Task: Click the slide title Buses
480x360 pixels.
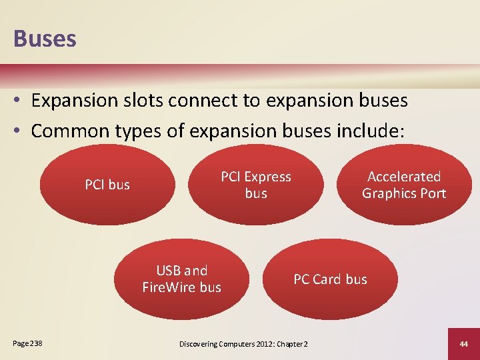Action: coord(45,38)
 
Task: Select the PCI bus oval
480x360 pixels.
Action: coord(107,185)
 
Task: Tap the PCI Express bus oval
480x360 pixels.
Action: coord(256,185)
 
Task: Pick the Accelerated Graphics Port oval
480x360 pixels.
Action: coord(404,185)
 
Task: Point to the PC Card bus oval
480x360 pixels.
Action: coord(330,279)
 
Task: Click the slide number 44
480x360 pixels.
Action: coord(463,343)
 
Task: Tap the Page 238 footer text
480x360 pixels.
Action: coord(27,343)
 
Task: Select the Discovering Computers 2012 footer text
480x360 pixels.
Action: coord(243,343)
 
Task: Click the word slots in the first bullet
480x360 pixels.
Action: coord(143,101)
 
